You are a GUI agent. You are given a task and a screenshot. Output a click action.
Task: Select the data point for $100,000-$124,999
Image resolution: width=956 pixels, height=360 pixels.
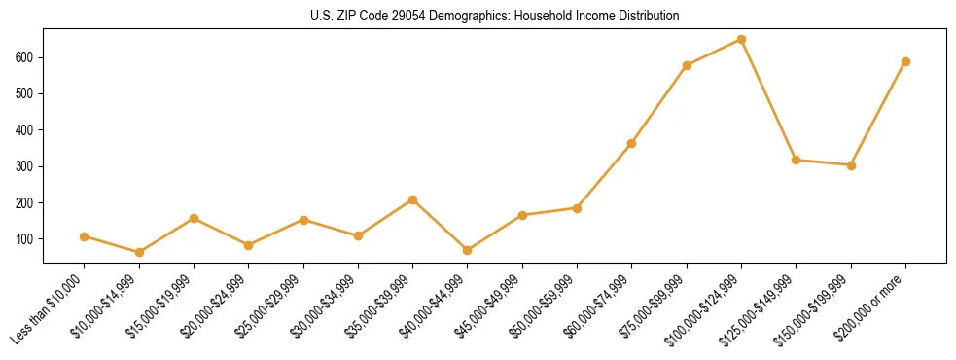point(741,40)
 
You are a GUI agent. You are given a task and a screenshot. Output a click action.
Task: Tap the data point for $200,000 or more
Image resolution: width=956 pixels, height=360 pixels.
point(905,61)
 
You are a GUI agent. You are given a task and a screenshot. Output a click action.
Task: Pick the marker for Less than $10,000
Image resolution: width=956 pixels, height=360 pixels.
point(85,236)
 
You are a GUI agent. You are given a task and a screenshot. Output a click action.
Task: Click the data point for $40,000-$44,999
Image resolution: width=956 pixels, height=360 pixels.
point(468,250)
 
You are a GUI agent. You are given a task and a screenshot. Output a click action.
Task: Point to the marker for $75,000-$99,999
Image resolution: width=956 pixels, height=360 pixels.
point(687,65)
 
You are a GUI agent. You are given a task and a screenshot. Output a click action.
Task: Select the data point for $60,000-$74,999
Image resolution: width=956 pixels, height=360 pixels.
point(632,143)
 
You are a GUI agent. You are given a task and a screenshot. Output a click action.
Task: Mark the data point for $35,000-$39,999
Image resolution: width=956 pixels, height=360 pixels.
point(413,199)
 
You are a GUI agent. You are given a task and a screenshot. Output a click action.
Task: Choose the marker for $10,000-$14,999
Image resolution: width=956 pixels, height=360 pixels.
point(139,252)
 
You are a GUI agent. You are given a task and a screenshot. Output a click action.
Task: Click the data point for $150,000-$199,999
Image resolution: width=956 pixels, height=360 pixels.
point(851,165)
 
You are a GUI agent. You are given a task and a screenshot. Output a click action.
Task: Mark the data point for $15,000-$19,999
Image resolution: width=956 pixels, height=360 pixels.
point(195,218)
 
